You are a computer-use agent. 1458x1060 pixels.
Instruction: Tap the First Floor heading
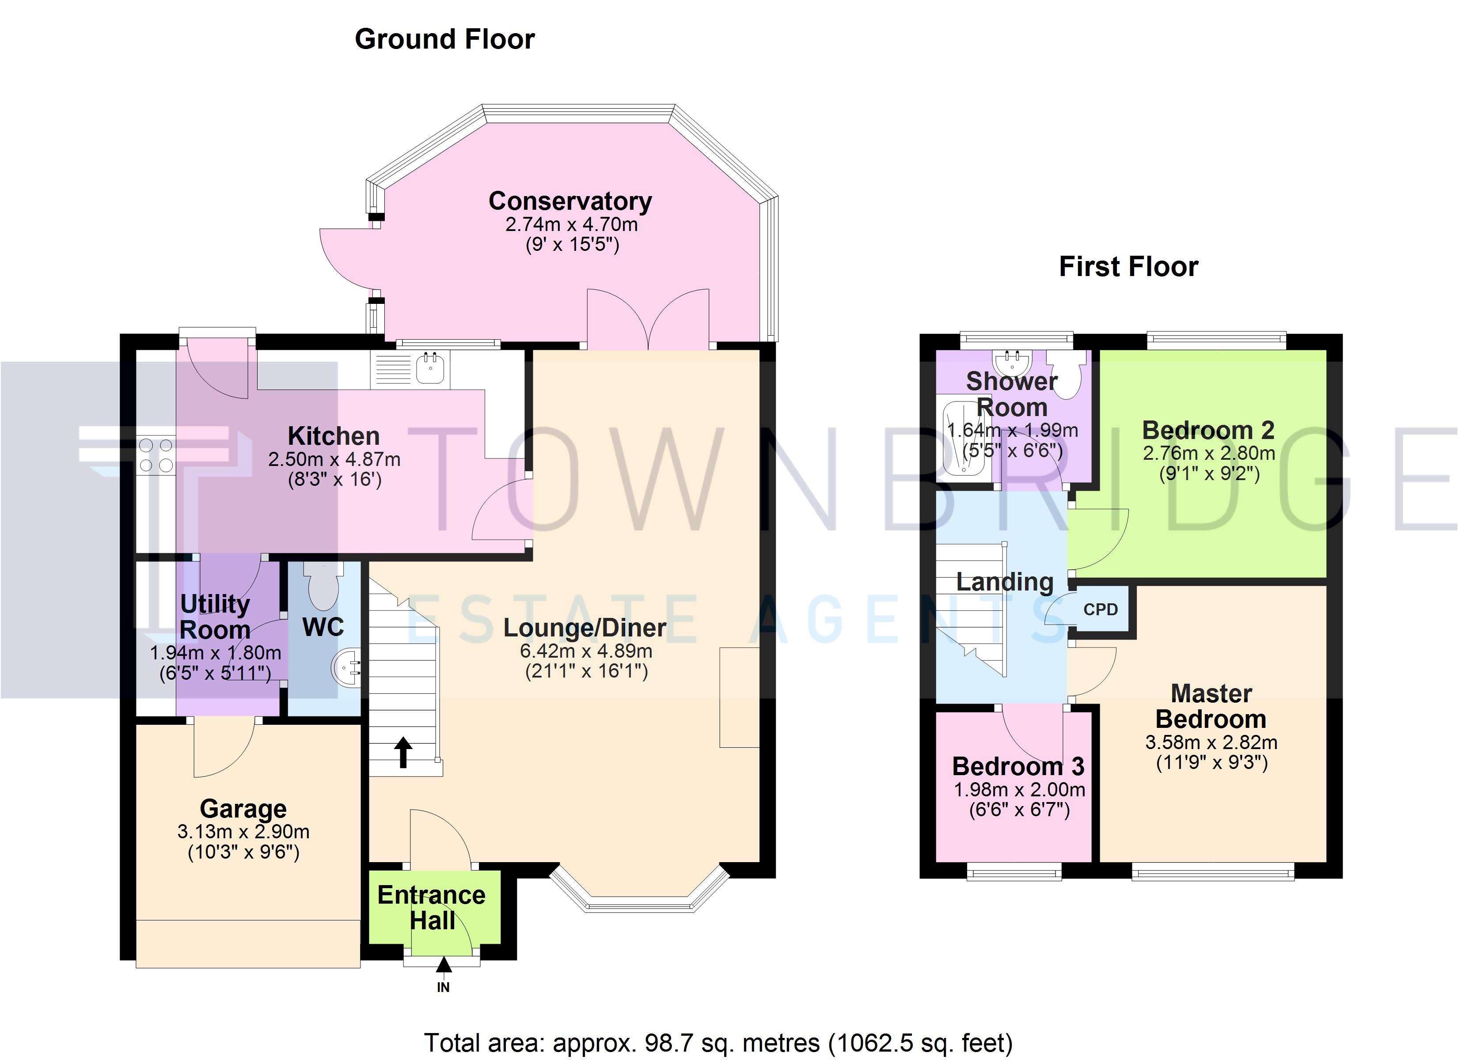pyautogui.click(x=1128, y=267)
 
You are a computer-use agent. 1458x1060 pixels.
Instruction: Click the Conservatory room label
pyautogui.click(x=570, y=201)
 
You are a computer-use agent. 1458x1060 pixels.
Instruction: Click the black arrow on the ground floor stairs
pyautogui.click(x=403, y=752)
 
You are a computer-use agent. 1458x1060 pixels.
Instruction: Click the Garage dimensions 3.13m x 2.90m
pyautogui.click(x=243, y=832)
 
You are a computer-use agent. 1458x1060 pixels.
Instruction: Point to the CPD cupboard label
pyautogui.click(x=1101, y=609)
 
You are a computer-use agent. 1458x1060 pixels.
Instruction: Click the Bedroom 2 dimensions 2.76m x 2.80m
pyautogui.click(x=1208, y=453)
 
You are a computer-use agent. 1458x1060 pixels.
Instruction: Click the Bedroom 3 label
pyautogui.click(x=1018, y=766)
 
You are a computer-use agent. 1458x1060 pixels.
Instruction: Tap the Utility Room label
pyautogui.click(x=215, y=617)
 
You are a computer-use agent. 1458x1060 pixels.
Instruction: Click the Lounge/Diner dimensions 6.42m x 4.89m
pyautogui.click(x=586, y=651)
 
